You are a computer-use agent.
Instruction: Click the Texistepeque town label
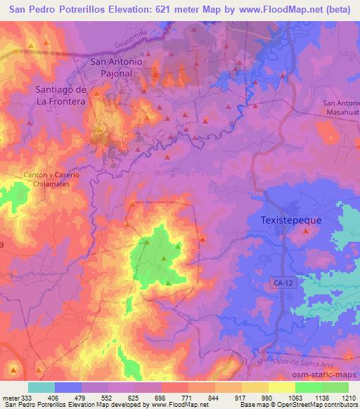click(x=286, y=220)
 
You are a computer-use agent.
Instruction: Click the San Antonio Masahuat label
click(x=341, y=108)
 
